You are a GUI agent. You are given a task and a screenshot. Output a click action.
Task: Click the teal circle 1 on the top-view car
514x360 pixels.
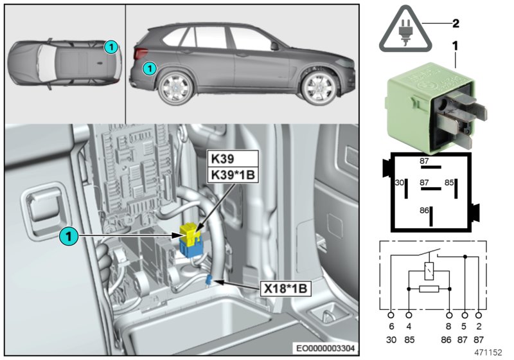click(111, 46)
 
